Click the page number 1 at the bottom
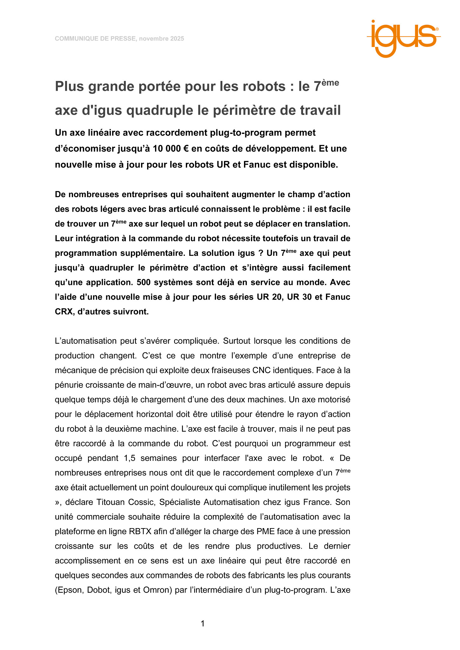[x=203, y=624]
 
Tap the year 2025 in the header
[x=177, y=39]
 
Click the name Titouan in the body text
[x=111, y=502]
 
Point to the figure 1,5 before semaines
[x=129, y=458]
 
